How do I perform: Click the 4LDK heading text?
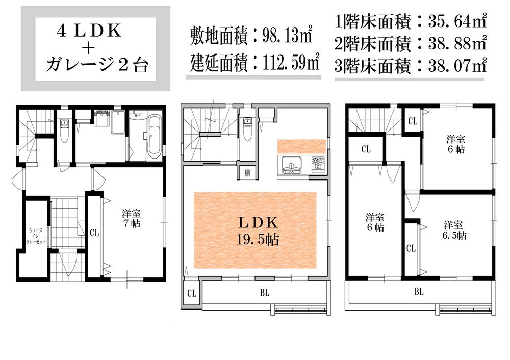pyautogui.click(x=89, y=32)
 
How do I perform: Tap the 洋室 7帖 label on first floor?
pyautogui.click(x=131, y=218)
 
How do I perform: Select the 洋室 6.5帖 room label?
pyautogui.click(x=454, y=230)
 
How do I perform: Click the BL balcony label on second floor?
pyautogui.click(x=264, y=293)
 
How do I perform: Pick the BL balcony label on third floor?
pyautogui.click(x=419, y=292)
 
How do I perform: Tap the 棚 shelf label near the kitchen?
pyautogui.click(x=247, y=172)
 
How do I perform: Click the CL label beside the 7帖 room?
pyautogui.click(x=94, y=233)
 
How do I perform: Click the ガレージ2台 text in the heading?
pyautogui.click(x=97, y=65)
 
